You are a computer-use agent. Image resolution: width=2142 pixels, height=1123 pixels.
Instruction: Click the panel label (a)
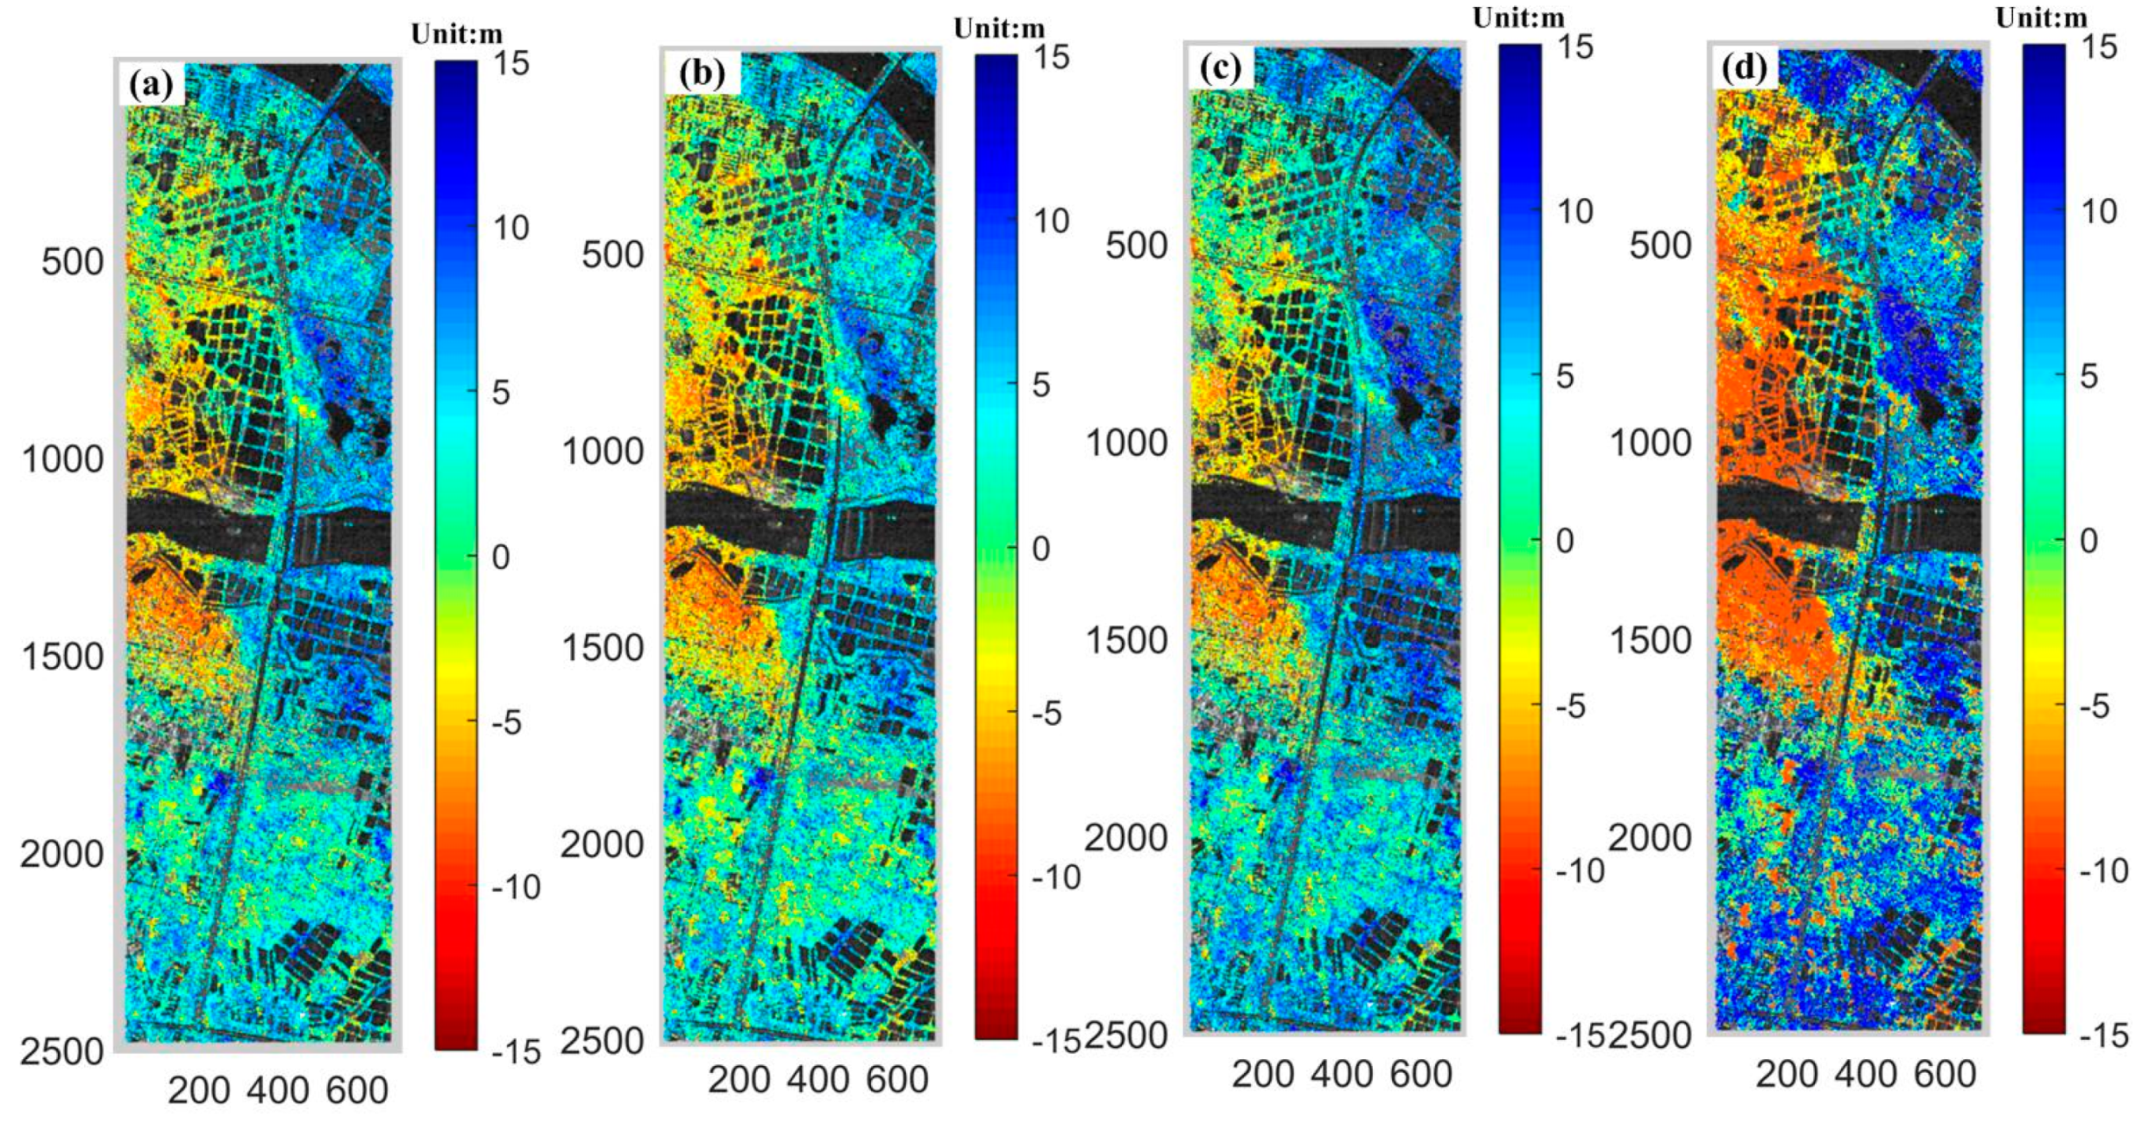click(151, 84)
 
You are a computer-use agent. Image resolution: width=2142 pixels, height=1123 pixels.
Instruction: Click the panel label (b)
click(702, 74)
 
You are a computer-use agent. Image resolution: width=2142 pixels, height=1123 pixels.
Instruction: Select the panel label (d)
click(1745, 67)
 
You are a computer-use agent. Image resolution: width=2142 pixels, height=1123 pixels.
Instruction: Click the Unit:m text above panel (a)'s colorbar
click(456, 34)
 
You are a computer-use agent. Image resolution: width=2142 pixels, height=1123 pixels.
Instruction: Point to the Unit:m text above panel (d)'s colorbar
click(2041, 17)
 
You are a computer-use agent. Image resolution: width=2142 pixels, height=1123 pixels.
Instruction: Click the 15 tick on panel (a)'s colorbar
click(510, 63)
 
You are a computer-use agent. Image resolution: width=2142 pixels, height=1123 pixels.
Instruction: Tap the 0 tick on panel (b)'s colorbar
click(1041, 548)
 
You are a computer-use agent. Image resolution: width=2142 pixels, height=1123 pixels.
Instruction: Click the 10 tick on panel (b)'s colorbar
click(1049, 220)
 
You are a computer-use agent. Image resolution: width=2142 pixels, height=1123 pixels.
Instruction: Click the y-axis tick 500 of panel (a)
click(72, 262)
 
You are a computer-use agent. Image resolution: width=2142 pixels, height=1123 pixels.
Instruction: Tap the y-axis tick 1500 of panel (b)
click(603, 647)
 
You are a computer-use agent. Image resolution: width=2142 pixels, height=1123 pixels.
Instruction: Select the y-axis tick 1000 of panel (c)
click(1127, 443)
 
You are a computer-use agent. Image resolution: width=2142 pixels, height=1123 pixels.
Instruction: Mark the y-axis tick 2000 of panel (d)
click(1649, 837)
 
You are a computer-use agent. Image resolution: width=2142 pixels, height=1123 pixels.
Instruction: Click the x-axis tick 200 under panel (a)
click(199, 1090)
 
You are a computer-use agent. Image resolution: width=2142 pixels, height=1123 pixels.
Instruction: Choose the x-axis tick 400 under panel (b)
click(818, 1079)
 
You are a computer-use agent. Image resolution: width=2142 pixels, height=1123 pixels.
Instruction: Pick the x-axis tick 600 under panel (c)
click(1421, 1074)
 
